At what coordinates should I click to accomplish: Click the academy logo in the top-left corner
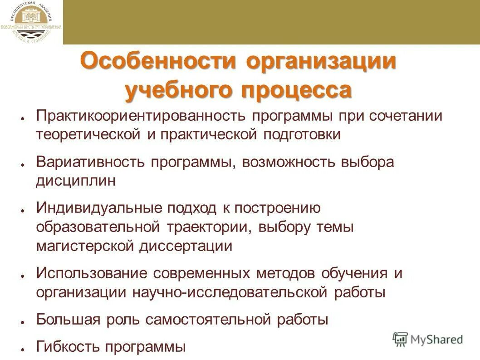(x=31, y=22)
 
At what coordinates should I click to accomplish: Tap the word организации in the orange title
(x=321, y=61)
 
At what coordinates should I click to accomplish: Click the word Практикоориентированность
(x=142, y=116)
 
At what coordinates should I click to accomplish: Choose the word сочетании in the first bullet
(x=405, y=116)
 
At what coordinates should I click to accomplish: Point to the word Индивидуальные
(x=99, y=208)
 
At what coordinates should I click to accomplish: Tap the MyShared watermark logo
(x=428, y=339)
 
